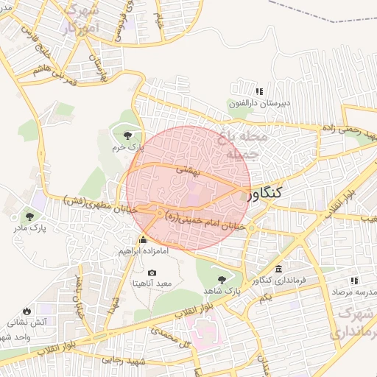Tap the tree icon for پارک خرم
pos(129,135)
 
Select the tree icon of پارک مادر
pos(29,216)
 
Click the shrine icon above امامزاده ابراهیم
pos(143,240)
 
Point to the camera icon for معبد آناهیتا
pos(152,272)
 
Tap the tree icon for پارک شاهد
pos(221,280)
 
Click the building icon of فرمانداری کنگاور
pos(278,269)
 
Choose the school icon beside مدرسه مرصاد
pos(354,281)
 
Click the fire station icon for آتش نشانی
pos(27,311)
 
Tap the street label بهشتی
pos(181,169)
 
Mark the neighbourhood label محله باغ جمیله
pos(240,145)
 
